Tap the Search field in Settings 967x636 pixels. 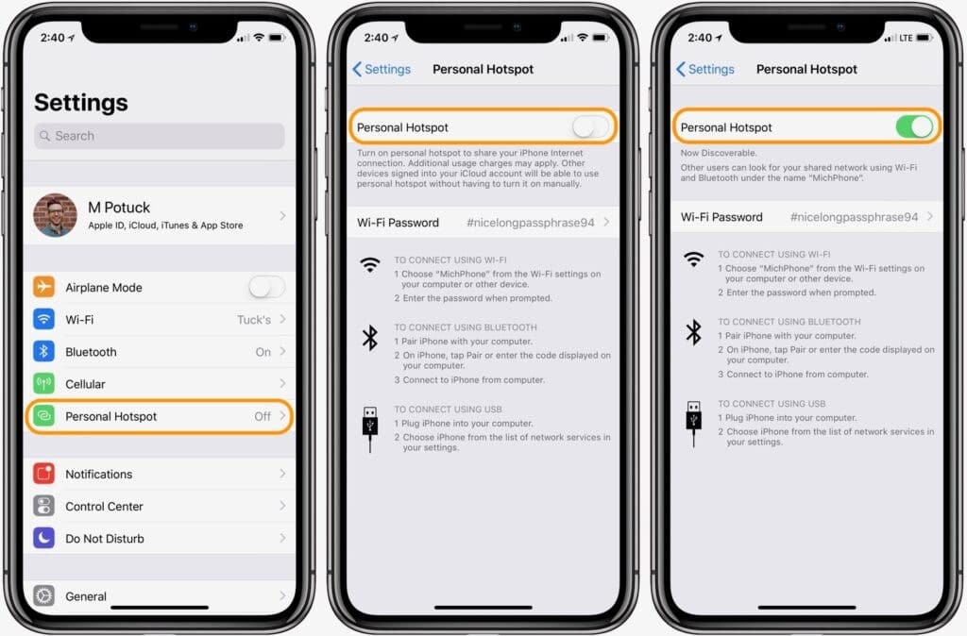(159, 136)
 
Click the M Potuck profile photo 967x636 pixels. (55, 215)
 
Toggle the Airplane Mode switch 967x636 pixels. (266, 287)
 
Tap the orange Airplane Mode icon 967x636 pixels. (44, 287)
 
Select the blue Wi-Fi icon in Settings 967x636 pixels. (44, 319)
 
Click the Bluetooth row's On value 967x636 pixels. (263, 352)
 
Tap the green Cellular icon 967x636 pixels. (44, 384)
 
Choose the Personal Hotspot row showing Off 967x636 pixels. (159, 416)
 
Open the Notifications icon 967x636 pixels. (44, 474)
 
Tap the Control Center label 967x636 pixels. (104, 507)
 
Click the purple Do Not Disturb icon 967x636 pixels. (44, 539)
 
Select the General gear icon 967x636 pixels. (44, 595)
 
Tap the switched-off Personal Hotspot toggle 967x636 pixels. (590, 127)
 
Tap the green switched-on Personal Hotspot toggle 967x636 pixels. (914, 127)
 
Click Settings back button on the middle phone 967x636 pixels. (382, 69)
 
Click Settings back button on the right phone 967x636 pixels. (705, 69)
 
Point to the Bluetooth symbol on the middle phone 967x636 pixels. (370, 338)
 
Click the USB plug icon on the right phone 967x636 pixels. (694, 421)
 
